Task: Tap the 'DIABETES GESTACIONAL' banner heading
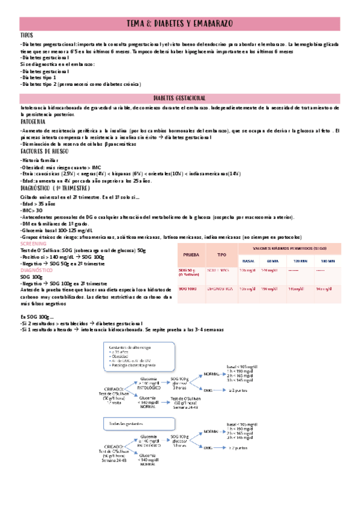pos(179,98)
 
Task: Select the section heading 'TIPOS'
pos(27,35)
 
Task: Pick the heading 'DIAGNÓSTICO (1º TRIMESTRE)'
pos(50,187)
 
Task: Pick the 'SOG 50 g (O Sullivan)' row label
pos(191,273)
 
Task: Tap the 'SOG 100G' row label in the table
pos(187,289)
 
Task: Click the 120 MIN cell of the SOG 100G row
pos(295,289)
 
